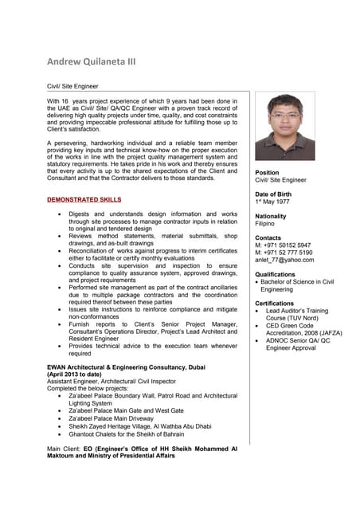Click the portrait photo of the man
point(284,127)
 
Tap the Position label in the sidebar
point(267,173)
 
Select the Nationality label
point(271,217)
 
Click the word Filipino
point(266,225)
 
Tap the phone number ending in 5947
point(283,245)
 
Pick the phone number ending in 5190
point(283,253)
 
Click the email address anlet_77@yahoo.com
point(284,260)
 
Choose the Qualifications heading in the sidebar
point(275,274)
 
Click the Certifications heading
point(275,304)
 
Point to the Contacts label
point(268,238)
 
